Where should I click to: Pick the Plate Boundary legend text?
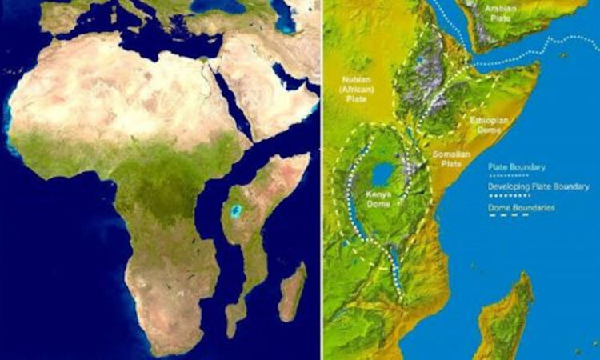[x=516, y=167]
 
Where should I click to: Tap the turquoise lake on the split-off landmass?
[x=236, y=211]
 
